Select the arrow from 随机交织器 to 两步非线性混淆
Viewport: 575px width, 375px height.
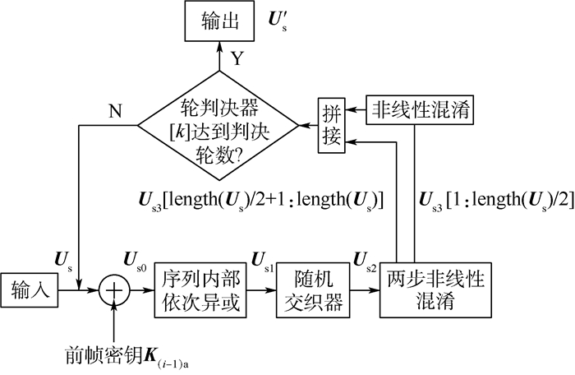(361, 290)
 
